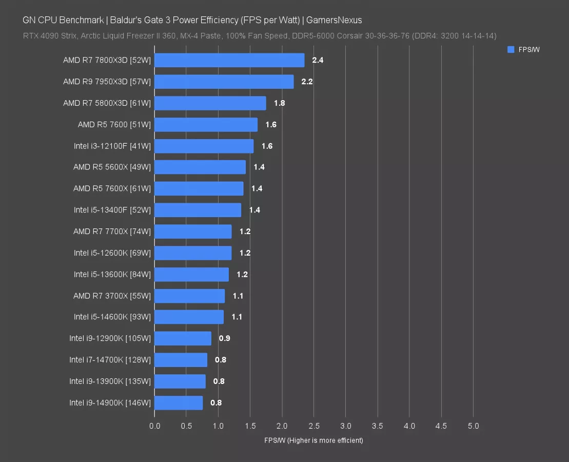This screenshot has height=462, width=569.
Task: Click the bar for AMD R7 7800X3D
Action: (229, 60)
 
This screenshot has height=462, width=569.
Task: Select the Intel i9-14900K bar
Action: (178, 403)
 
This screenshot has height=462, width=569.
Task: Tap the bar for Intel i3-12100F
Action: (204, 146)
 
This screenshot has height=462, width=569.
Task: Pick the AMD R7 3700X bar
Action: (189, 296)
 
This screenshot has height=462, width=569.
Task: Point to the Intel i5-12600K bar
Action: (192, 253)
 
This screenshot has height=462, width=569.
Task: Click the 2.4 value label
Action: (318, 60)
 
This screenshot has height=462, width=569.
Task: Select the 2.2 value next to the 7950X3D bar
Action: (307, 82)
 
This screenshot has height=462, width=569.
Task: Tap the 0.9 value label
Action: (224, 339)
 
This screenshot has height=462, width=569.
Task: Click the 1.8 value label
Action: (279, 103)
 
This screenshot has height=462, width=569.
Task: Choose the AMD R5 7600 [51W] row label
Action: (114, 125)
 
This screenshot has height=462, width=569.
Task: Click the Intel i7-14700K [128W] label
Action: (110, 360)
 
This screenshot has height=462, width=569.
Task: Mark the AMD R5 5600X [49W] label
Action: (112, 167)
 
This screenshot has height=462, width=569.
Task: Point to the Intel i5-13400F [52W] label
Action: (112, 210)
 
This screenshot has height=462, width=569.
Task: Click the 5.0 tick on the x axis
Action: (473, 426)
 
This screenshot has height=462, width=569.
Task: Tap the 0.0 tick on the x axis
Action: (154, 426)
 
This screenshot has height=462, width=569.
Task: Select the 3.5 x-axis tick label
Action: (377, 426)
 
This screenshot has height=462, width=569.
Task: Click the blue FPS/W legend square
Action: (511, 49)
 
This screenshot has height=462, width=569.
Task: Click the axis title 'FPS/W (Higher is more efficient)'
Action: (313, 440)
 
